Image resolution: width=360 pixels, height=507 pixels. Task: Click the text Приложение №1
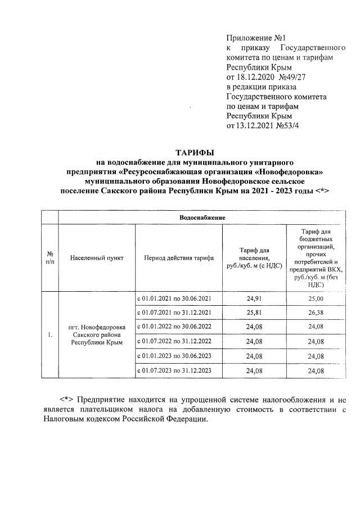249,38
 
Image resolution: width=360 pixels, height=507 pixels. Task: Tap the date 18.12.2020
253,78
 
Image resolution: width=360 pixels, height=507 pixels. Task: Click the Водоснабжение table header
202,217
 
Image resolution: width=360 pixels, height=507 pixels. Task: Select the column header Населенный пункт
97,258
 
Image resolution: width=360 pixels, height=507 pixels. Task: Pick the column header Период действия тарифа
178,258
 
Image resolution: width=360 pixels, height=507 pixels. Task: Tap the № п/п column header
50,258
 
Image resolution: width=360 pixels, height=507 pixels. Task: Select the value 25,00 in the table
316,298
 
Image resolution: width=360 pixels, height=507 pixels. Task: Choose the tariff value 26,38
316,313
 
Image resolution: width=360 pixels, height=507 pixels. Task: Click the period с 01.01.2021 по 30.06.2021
174,298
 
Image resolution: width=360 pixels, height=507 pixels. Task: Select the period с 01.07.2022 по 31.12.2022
174,341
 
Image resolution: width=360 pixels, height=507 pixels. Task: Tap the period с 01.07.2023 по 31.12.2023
174,370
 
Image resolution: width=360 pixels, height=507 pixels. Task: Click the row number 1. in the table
50,335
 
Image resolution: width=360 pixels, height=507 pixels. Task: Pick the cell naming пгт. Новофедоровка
97,327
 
